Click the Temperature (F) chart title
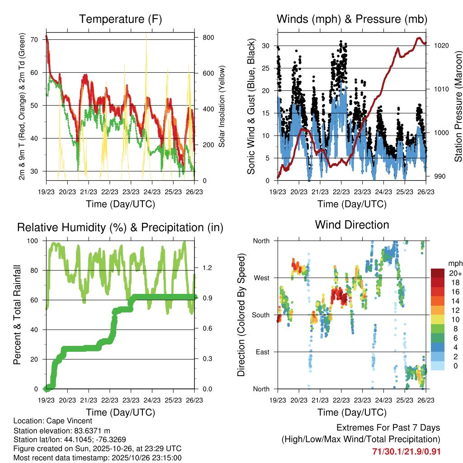(120, 19)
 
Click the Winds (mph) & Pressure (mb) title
(352, 19)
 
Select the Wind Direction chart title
(352, 225)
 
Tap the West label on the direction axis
(261, 278)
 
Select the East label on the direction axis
(262, 352)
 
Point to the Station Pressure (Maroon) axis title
(458, 106)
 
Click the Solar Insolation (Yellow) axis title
(222, 106)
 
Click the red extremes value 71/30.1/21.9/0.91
(406, 452)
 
